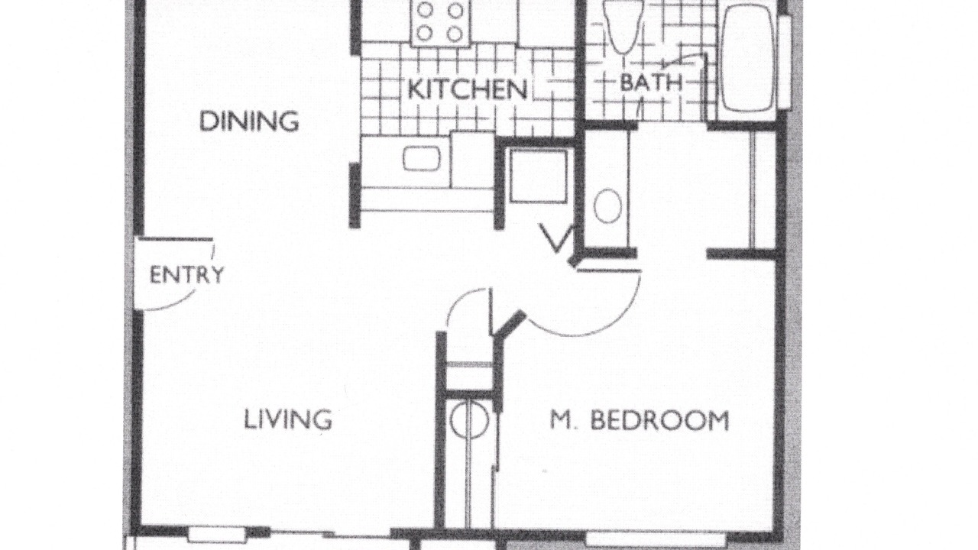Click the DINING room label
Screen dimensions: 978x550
tap(249, 121)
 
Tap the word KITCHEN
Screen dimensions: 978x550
tap(468, 89)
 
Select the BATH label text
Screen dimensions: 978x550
tap(651, 82)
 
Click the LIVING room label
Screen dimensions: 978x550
tap(288, 419)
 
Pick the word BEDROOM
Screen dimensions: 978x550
tap(659, 420)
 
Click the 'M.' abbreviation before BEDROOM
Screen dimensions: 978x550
tap(564, 420)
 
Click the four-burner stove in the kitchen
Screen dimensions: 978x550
tap(440, 22)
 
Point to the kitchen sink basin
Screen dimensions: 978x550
tap(421, 158)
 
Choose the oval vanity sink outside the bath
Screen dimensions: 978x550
tap(607, 205)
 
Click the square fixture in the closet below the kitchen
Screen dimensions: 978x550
tap(539, 176)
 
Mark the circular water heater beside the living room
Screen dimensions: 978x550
tap(469, 419)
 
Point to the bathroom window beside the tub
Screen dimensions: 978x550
tap(785, 62)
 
